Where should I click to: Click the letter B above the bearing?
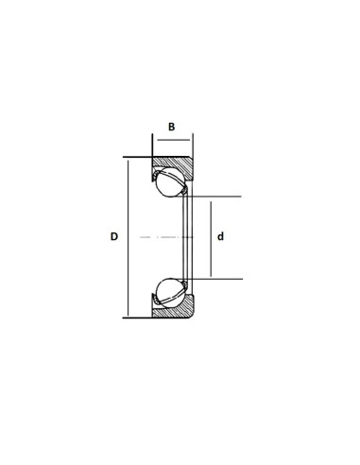pyautogui.click(x=171, y=126)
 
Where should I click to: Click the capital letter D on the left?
pyautogui.click(x=113, y=236)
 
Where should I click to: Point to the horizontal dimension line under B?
pyautogui.click(x=172, y=138)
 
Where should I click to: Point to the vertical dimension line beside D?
pyautogui.click(x=126, y=236)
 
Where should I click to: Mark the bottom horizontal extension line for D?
pyautogui.click(x=138, y=318)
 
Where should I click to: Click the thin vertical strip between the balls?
pyautogui.click(x=186, y=236)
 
